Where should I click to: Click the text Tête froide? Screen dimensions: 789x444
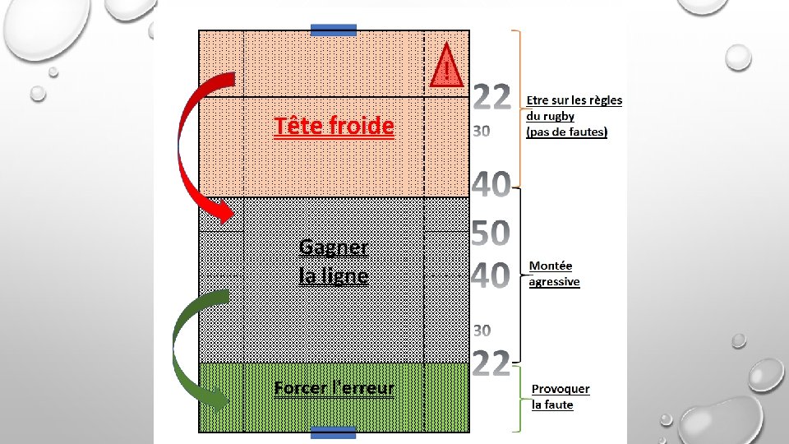[334, 127]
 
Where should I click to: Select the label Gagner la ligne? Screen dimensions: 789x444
[334, 261]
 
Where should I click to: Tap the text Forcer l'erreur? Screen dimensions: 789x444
[334, 388]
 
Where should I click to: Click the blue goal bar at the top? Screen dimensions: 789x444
[334, 30]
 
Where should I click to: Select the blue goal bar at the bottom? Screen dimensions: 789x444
[334, 432]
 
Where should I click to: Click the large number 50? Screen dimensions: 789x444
[491, 234]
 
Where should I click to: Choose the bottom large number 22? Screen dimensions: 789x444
[492, 363]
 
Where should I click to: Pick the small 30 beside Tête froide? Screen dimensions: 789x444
[482, 132]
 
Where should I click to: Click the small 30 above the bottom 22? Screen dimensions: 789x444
[482, 331]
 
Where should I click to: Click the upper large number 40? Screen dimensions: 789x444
[491, 185]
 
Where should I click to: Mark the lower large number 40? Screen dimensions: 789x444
[491, 275]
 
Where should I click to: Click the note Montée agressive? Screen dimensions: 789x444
[554, 274]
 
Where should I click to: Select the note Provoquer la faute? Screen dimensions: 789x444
[561, 396]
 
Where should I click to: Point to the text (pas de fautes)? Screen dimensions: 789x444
[567, 132]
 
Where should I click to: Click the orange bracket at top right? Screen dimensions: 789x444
[518, 107]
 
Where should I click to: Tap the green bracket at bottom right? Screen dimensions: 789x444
[518, 400]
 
